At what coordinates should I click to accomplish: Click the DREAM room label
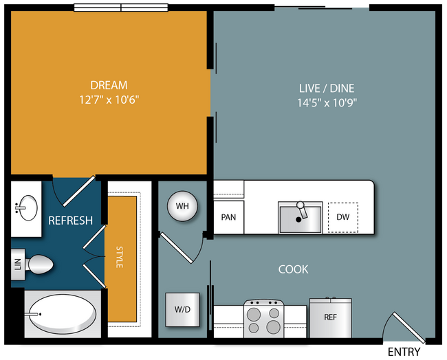[109, 85]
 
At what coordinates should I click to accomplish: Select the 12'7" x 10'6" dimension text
[109, 100]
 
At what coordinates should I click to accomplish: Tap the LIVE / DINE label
[327, 89]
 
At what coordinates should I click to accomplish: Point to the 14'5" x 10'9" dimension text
[327, 102]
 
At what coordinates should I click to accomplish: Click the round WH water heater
[182, 206]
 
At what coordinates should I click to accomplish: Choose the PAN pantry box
[228, 217]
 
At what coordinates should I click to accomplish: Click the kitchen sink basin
[301, 218]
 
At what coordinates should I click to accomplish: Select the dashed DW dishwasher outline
[343, 217]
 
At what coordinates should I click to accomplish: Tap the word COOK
[294, 269]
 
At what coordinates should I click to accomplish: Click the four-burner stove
[263, 319]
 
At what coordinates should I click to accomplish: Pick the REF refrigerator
[331, 317]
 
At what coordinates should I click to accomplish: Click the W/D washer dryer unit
[182, 310]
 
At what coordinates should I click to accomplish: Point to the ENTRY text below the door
[404, 352]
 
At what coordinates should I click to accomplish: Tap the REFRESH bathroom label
[70, 221]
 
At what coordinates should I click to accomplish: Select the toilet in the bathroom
[39, 265]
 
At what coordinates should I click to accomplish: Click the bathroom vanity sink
[28, 208]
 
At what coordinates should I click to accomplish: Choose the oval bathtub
[63, 314]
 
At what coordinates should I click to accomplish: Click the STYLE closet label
[120, 257]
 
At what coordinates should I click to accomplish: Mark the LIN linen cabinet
[18, 265]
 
